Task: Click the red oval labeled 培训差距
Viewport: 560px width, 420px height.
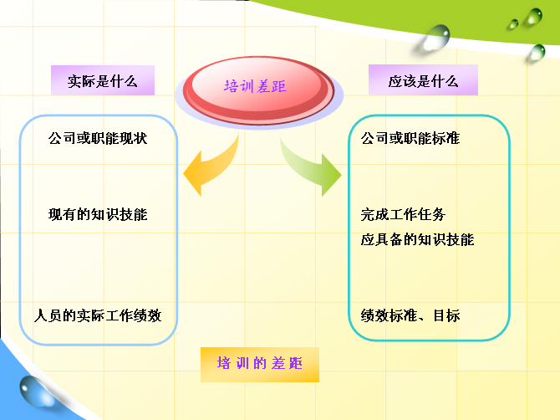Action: (x=258, y=90)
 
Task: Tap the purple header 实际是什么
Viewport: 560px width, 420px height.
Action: (x=103, y=80)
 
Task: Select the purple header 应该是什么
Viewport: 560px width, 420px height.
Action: (x=423, y=80)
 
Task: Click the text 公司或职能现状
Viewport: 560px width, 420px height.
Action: (x=98, y=138)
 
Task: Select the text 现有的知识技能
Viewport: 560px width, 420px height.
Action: (x=98, y=214)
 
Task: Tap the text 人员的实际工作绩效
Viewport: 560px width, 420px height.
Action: (x=98, y=315)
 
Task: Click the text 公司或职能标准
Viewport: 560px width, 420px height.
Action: (x=410, y=138)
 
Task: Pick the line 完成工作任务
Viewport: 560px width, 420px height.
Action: (x=403, y=214)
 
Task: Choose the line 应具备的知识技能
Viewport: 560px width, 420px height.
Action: (x=417, y=239)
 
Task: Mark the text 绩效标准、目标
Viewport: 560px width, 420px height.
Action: (x=410, y=315)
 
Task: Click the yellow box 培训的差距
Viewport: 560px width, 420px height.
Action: (x=260, y=365)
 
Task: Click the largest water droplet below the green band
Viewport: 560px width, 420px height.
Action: (x=435, y=38)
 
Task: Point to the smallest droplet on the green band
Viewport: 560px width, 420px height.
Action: (x=513, y=24)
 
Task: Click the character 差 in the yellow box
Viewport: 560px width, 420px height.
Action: (x=277, y=363)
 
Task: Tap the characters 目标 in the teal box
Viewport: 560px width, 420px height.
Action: (x=446, y=315)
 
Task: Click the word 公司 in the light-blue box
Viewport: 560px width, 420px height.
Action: (x=62, y=138)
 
